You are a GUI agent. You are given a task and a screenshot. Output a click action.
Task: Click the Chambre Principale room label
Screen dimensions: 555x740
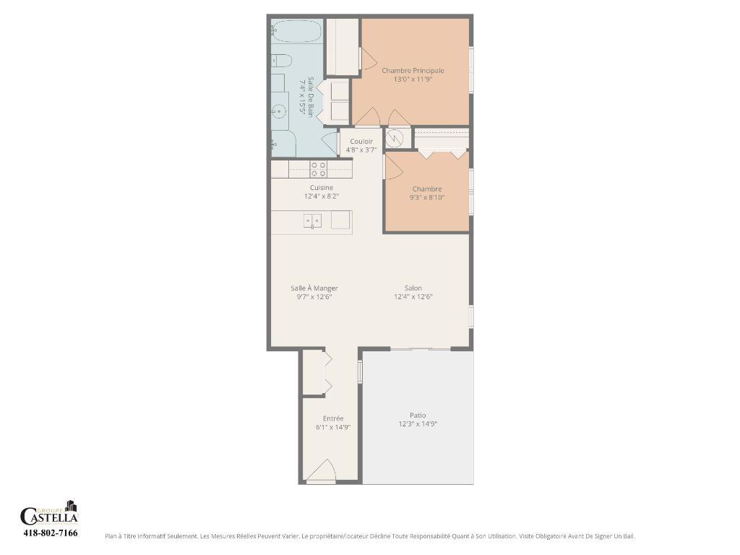[413, 71]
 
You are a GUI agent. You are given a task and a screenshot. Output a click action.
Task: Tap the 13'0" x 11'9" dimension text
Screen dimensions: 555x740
[413, 79]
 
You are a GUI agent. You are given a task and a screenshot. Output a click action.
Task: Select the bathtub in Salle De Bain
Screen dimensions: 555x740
[297, 31]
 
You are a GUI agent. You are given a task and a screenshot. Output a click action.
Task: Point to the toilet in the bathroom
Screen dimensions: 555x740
[281, 60]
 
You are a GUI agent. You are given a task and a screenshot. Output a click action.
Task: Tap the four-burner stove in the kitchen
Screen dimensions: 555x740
[319, 169]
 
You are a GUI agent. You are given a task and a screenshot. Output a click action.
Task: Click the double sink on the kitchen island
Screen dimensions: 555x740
[312, 221]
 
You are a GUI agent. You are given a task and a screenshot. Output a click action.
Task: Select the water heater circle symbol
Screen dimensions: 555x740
[395, 139]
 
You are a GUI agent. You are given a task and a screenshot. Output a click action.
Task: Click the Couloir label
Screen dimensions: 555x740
[361, 141]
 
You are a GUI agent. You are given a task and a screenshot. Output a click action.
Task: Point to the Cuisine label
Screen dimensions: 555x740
[322, 188]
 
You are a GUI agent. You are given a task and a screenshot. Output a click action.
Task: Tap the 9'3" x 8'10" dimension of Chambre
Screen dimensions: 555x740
[427, 197]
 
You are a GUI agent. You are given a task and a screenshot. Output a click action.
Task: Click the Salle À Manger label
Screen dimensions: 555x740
[314, 288]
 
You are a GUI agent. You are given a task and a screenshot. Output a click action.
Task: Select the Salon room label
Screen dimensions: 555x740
[413, 288]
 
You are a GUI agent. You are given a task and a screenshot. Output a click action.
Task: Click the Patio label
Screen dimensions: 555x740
[418, 416]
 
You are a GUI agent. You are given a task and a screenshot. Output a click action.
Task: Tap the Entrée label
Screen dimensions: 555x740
[333, 418]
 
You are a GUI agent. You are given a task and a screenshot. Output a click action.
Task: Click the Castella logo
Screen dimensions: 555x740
[49, 514]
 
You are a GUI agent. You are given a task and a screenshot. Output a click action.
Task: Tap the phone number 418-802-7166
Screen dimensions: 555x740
[50, 533]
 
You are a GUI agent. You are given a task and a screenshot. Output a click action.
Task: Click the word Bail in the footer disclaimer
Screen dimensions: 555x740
[628, 536]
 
